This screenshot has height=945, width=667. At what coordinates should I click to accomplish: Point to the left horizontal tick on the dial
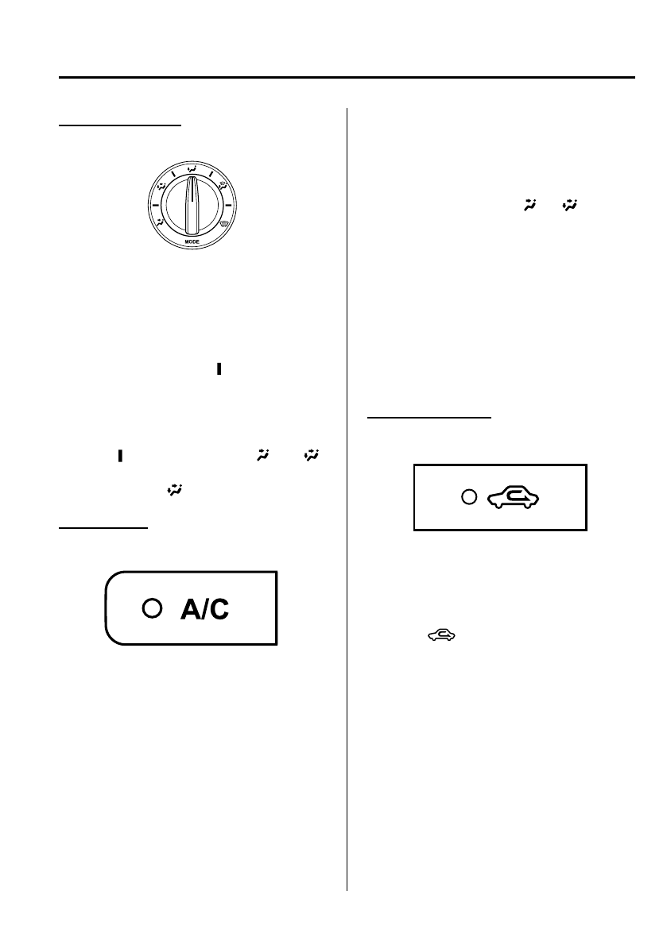154,206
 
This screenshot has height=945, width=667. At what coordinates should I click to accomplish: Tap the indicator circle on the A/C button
151,607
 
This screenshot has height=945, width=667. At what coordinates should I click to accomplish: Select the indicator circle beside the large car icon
470,497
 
